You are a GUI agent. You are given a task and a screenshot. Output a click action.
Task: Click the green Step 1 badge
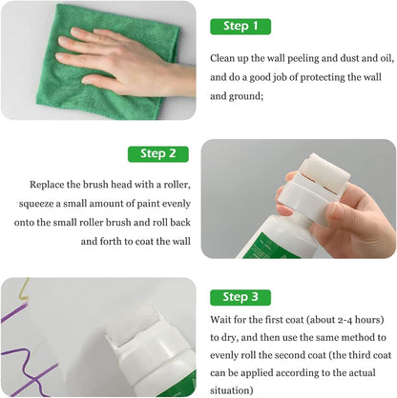(x=240, y=27)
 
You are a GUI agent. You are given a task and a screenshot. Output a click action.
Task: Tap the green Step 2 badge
(x=158, y=153)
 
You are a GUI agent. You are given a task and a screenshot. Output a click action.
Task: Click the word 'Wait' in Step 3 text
(x=221, y=320)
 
